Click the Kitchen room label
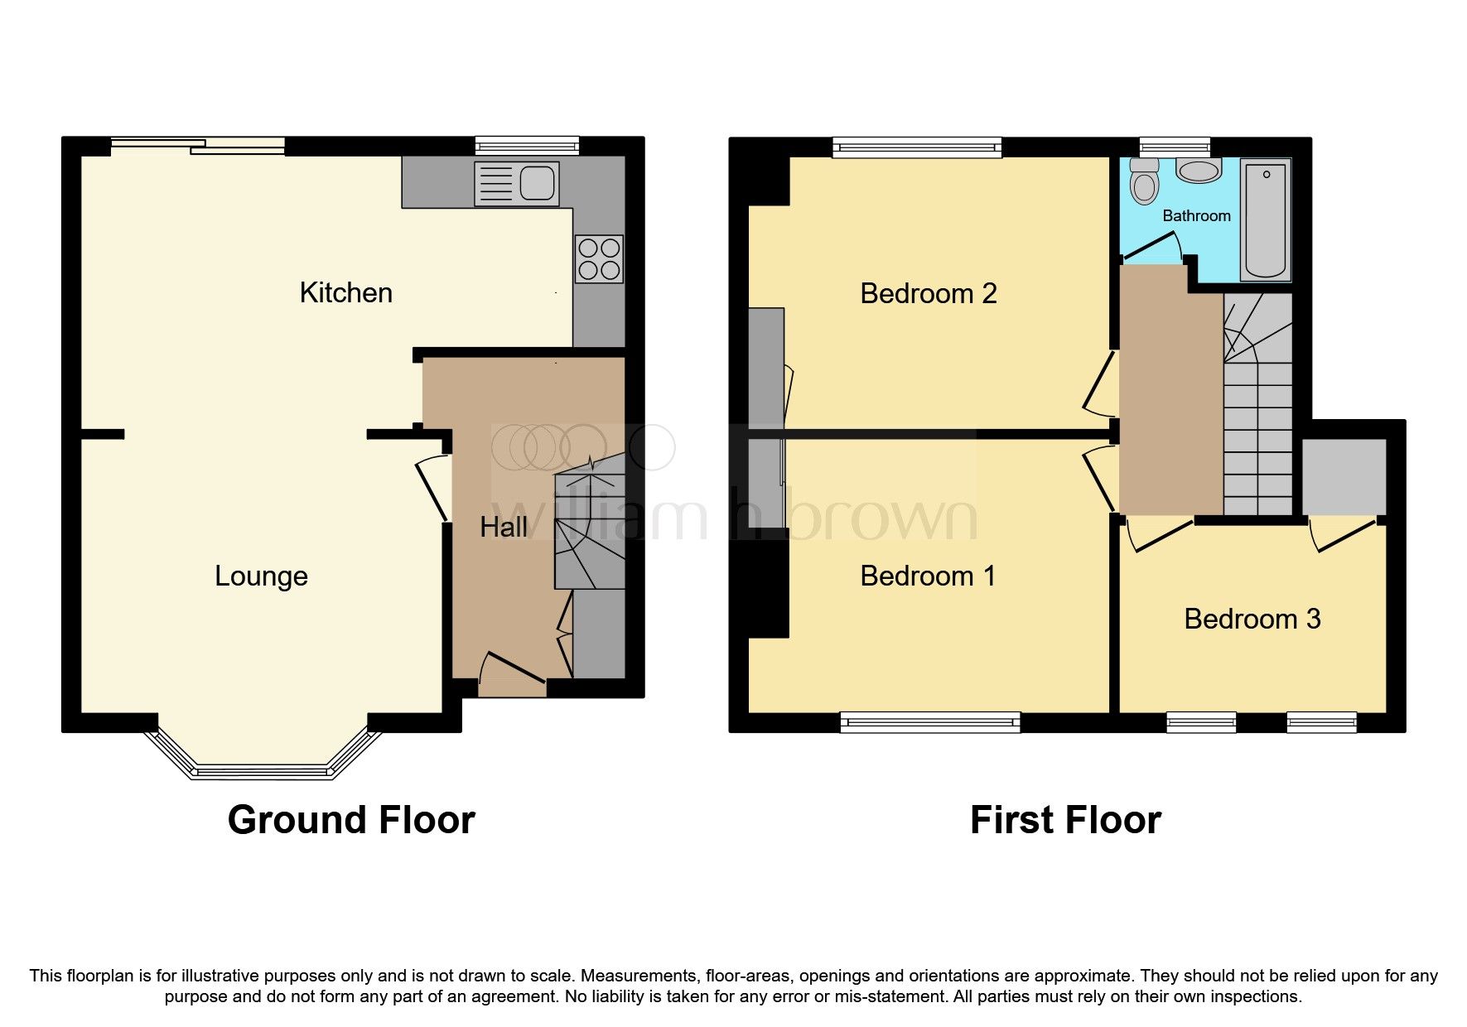(345, 292)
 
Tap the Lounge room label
(261, 576)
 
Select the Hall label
(503, 527)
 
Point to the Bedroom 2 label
(928, 293)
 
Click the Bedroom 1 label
(928, 576)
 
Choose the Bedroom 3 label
(1252, 619)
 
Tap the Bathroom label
(1196, 215)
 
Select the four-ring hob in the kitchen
(599, 258)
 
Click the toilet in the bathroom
(1144, 181)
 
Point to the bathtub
(1265, 219)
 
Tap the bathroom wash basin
(1198, 171)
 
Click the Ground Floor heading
(351, 820)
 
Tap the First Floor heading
(1065, 820)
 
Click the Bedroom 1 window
(929, 722)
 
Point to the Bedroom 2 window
(917, 147)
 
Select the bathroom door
(1152, 245)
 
